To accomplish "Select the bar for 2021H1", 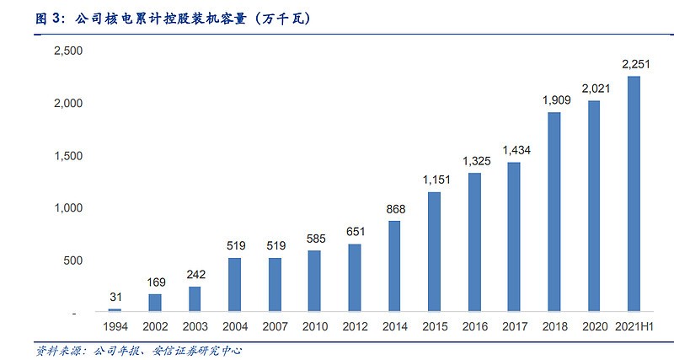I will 634,194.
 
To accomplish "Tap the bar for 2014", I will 393,266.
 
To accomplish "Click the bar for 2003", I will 194,299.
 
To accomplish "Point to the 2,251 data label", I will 634,63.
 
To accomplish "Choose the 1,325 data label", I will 474,160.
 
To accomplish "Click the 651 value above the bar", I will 354,231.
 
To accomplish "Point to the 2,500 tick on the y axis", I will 68,51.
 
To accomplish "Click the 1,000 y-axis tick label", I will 68,207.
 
